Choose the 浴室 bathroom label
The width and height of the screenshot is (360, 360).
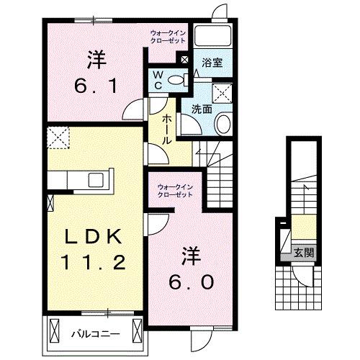pos(211,63)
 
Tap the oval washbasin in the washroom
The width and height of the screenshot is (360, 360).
pos(222,123)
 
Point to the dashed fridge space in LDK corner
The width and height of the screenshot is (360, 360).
pos(57,136)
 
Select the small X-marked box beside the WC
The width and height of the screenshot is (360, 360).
pos(186,60)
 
